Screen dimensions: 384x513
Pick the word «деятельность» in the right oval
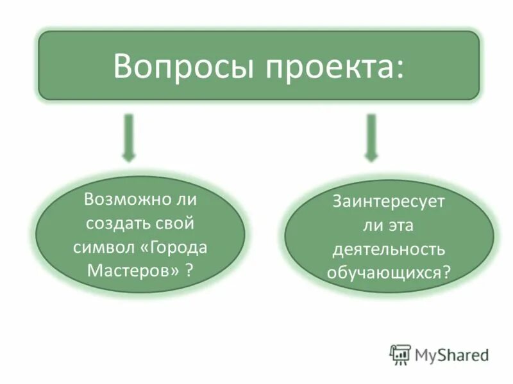(388, 248)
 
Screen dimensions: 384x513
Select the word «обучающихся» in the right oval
(383, 272)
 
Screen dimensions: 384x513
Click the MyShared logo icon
(400, 354)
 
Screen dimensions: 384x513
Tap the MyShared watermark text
(451, 354)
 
